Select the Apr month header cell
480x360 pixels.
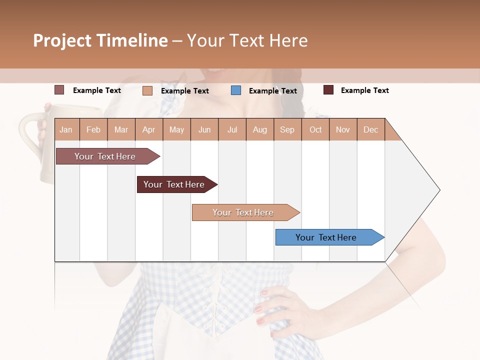coord(149,129)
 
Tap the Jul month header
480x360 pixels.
coord(232,129)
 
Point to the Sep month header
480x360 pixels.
coord(287,129)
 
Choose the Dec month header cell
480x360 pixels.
coord(370,129)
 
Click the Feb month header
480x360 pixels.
coord(93,129)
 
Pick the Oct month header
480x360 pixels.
coord(315,129)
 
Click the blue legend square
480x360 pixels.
coord(236,90)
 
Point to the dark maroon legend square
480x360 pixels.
coord(328,90)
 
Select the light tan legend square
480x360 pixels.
coord(147,90)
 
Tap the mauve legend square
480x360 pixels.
coord(59,90)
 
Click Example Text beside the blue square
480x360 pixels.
coord(272,90)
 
